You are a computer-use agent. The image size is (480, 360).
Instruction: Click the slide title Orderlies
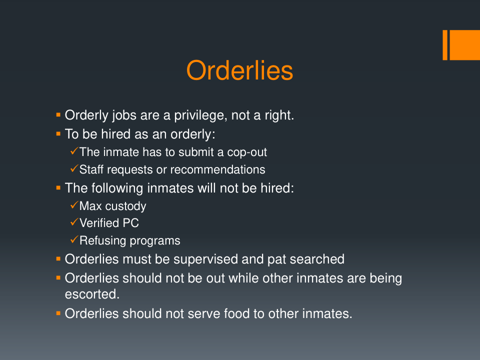(x=239, y=70)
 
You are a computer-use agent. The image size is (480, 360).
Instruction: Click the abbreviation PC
(x=130, y=223)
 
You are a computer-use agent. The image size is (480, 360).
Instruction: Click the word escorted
(x=92, y=294)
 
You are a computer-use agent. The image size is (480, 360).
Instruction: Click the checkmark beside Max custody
(x=74, y=205)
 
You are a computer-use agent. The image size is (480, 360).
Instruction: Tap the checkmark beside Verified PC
(x=74, y=222)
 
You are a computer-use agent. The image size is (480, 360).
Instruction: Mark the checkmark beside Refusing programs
(x=74, y=239)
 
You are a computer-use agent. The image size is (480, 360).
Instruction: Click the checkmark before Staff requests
(x=74, y=168)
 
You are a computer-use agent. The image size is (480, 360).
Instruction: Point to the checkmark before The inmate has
(x=74, y=151)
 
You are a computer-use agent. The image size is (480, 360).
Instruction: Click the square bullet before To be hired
(x=58, y=134)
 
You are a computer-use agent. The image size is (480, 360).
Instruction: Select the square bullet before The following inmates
(x=58, y=188)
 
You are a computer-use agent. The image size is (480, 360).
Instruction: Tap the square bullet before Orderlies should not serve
(x=58, y=313)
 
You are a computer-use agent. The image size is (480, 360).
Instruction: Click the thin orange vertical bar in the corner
(x=445, y=45)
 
